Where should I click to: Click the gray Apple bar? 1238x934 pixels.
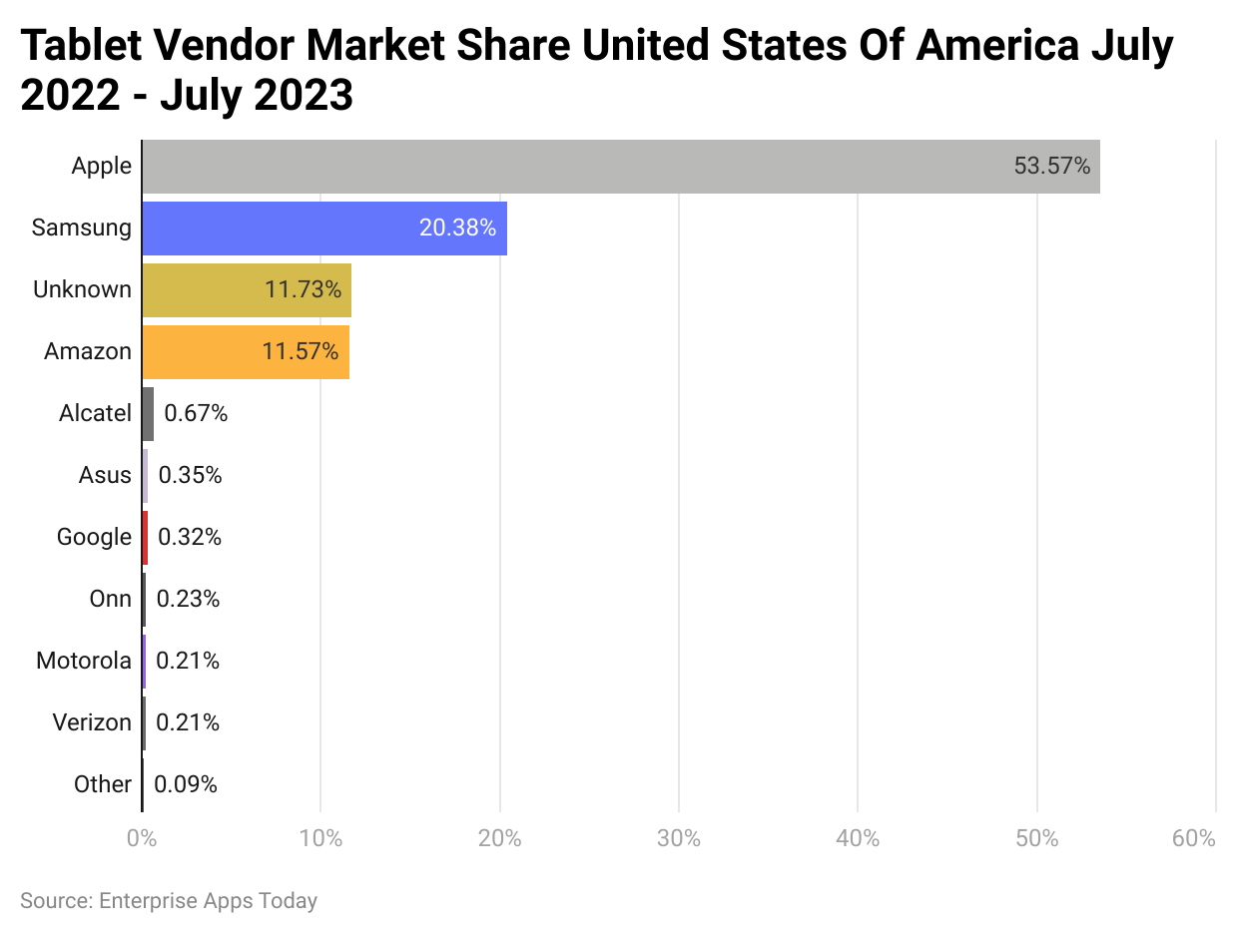(x=619, y=167)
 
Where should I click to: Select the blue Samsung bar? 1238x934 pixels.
(x=324, y=229)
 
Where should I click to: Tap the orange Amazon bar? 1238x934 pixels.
(x=246, y=352)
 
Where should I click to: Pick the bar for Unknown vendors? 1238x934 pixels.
(x=247, y=290)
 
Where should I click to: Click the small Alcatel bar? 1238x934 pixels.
(x=148, y=414)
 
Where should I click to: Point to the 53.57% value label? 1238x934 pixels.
(x=1052, y=167)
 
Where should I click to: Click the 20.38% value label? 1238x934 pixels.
(x=457, y=229)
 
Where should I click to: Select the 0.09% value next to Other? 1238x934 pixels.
(x=186, y=784)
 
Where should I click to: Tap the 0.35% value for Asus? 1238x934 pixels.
(x=190, y=475)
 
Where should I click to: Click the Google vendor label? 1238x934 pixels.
(x=94, y=537)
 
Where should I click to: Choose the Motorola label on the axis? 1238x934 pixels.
(x=84, y=661)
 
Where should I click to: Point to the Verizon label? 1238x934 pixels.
(x=92, y=722)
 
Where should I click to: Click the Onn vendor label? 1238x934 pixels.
(x=110, y=599)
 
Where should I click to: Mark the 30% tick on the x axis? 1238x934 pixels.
(x=679, y=838)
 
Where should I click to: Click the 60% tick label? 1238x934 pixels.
(x=1194, y=838)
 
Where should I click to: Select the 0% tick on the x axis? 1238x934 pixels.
(x=142, y=838)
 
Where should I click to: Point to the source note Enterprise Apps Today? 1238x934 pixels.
(x=208, y=901)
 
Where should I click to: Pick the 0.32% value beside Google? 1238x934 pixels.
(x=190, y=537)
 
